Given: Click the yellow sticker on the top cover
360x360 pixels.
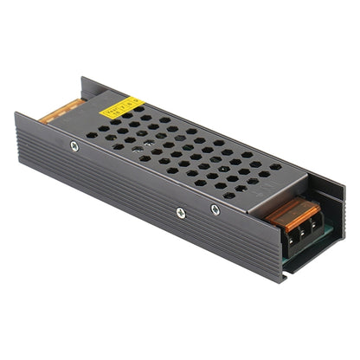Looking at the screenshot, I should click(121, 110).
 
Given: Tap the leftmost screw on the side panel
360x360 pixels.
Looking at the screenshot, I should click(74, 145).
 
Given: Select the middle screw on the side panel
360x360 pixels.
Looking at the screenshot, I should click(180, 212).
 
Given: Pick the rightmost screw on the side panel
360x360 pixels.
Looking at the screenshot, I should click(215, 209).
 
